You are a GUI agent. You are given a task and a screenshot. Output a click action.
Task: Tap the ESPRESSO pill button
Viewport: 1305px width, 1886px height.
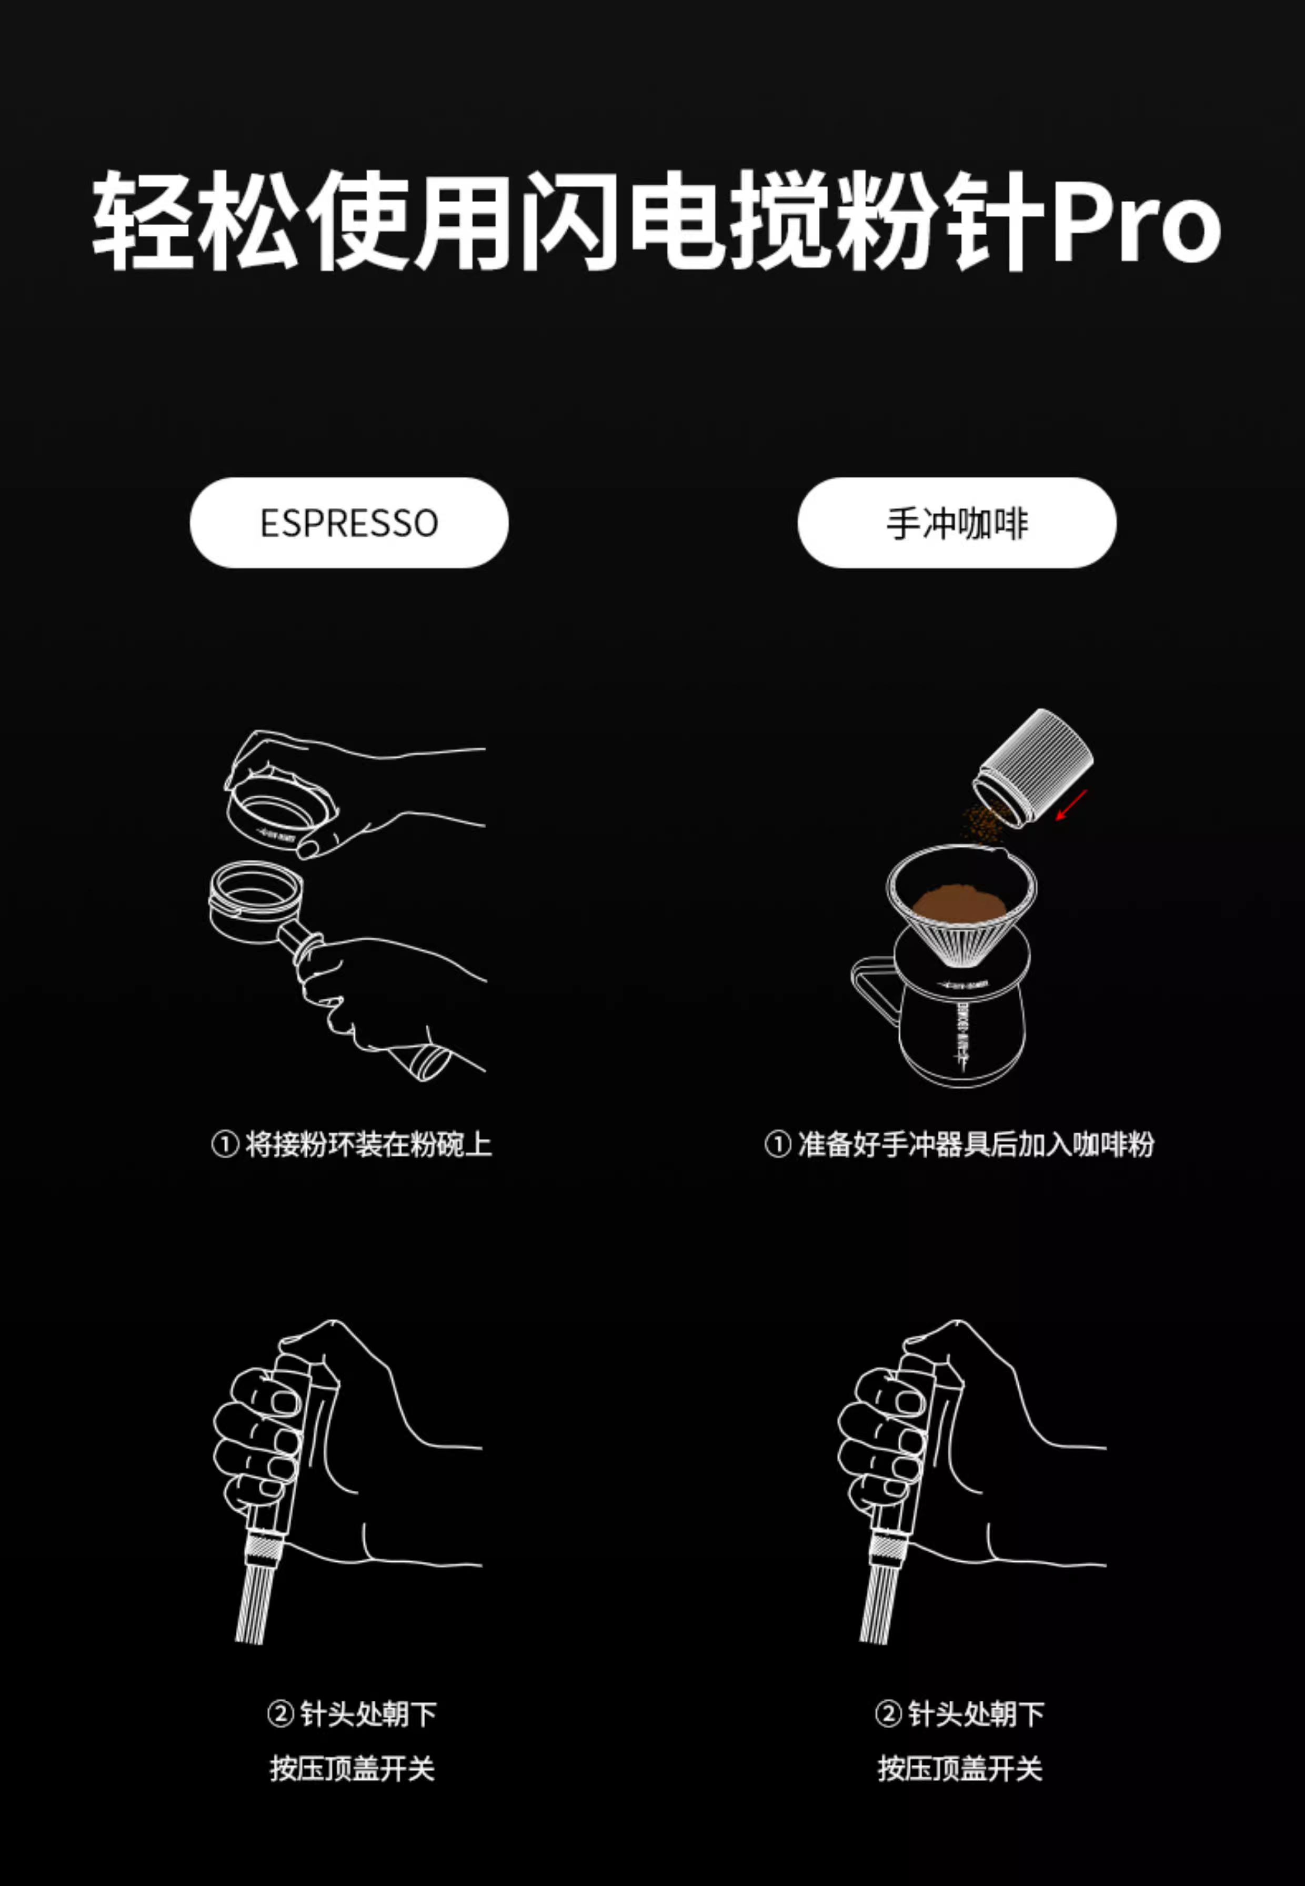tap(349, 523)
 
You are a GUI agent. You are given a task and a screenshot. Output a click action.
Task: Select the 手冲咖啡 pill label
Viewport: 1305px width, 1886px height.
tap(957, 523)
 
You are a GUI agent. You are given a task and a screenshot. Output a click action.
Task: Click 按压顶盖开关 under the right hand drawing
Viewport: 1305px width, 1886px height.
tap(960, 1768)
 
